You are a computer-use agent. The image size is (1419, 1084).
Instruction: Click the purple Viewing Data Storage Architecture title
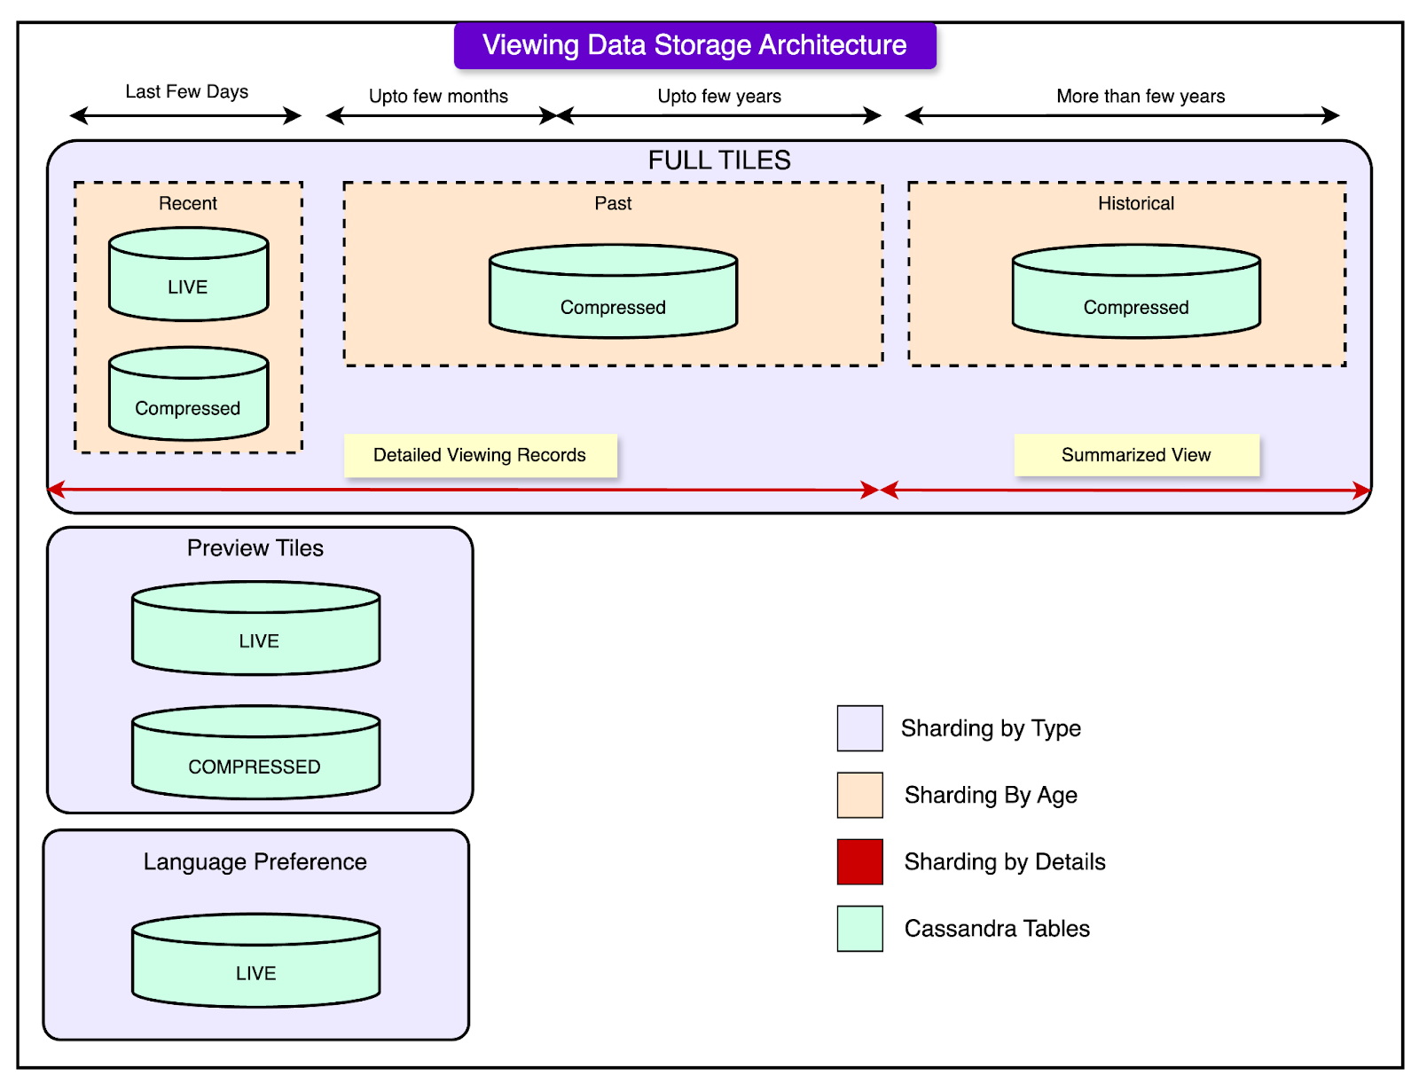point(694,45)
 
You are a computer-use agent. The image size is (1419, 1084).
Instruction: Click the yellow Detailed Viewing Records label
point(480,455)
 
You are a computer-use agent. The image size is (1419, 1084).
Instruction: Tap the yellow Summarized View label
point(1136,455)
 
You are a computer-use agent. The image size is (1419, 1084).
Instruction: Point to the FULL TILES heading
point(719,160)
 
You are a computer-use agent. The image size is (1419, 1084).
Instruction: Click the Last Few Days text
point(186,91)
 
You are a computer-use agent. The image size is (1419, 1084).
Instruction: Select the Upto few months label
point(438,96)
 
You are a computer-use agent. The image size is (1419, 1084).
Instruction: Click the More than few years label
point(1141,96)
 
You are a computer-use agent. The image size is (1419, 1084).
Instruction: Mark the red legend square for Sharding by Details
point(859,861)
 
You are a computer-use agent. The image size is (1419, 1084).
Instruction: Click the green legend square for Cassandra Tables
point(859,929)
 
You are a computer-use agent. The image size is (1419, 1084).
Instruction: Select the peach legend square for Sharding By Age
point(859,795)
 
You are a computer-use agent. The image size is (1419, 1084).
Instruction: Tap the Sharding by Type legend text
point(991,728)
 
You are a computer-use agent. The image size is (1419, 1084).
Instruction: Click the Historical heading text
point(1136,203)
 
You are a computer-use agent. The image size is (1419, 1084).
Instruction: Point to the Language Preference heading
point(255,861)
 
